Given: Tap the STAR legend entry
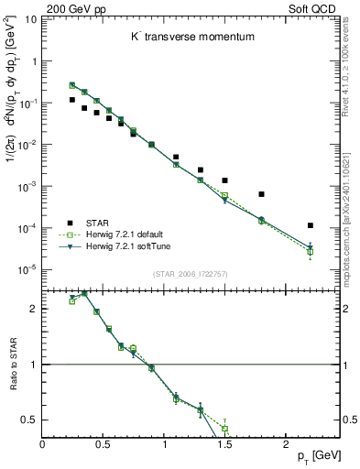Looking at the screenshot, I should [x=98, y=223].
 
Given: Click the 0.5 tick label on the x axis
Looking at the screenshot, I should [x=103, y=444].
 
